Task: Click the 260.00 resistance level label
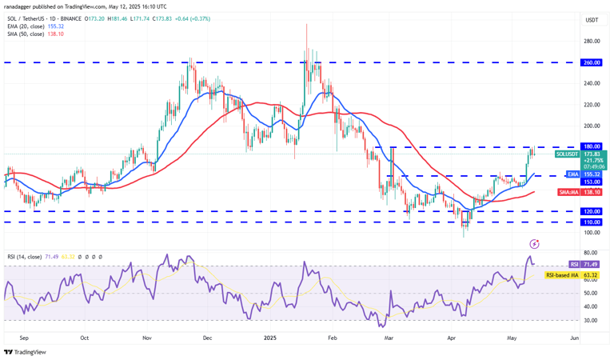click(x=592, y=62)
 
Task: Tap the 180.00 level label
click(x=592, y=147)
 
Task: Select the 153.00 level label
click(x=592, y=182)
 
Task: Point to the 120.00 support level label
click(x=592, y=211)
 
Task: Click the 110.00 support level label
click(x=592, y=222)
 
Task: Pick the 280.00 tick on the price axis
click(x=592, y=41)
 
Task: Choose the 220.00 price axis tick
click(x=592, y=104)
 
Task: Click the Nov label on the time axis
click(x=147, y=338)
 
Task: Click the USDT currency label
click(x=592, y=20)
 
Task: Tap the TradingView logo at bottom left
click(x=26, y=352)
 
